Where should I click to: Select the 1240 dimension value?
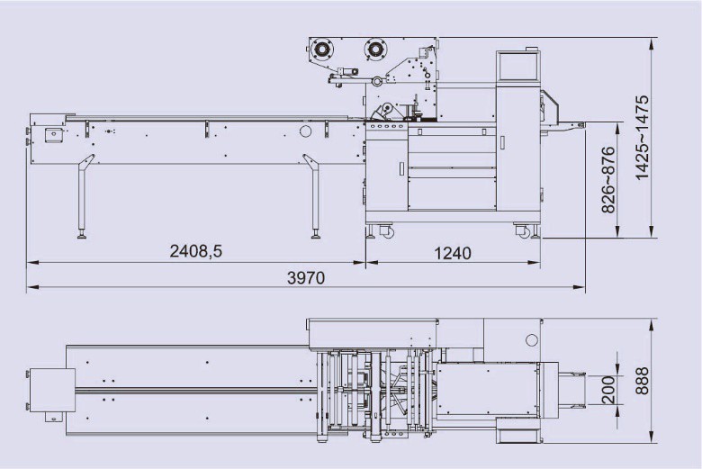[453, 253]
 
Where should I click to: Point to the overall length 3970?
[305, 278]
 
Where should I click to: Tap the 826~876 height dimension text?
[608, 179]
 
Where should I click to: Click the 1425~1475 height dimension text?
[643, 138]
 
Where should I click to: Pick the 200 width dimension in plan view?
[608, 390]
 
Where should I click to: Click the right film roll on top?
[373, 51]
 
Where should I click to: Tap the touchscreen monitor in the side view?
[516, 65]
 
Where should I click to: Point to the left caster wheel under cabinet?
[387, 232]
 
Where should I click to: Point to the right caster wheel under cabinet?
[524, 232]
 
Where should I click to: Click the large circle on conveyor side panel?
[305, 132]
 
